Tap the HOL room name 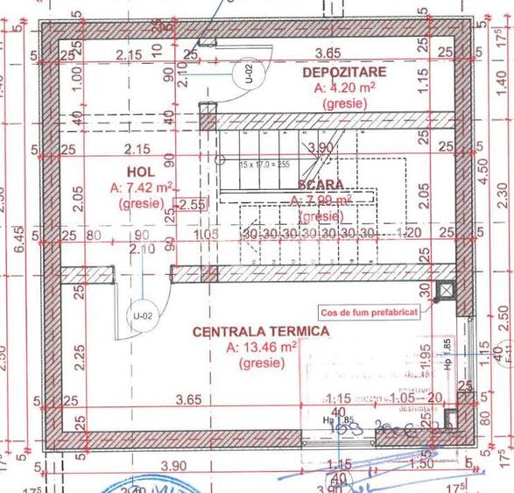140,172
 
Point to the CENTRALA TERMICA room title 261,332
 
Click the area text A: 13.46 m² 262,347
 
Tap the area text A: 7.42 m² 141,187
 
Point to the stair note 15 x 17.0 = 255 264,164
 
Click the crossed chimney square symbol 448,290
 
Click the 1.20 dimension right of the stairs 407,234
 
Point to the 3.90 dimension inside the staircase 322,147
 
